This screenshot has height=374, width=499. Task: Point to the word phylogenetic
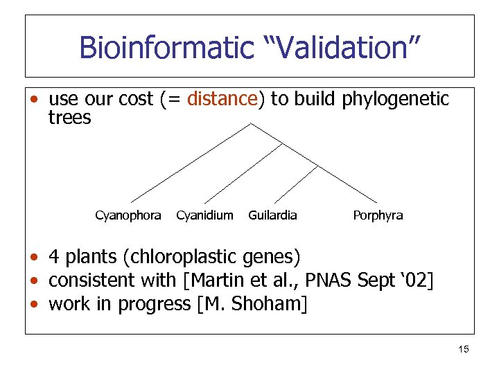[395, 99]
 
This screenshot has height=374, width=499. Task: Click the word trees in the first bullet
[69, 118]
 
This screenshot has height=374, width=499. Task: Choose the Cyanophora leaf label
[128, 215]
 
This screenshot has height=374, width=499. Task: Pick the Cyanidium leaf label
[204, 215]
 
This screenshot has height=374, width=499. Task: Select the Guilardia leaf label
[272, 215]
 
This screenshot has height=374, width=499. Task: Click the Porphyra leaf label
[378, 215]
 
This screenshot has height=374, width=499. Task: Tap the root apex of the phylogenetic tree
[250, 124]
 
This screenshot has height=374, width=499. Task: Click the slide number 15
[464, 350]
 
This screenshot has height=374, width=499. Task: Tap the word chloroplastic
[182, 258]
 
